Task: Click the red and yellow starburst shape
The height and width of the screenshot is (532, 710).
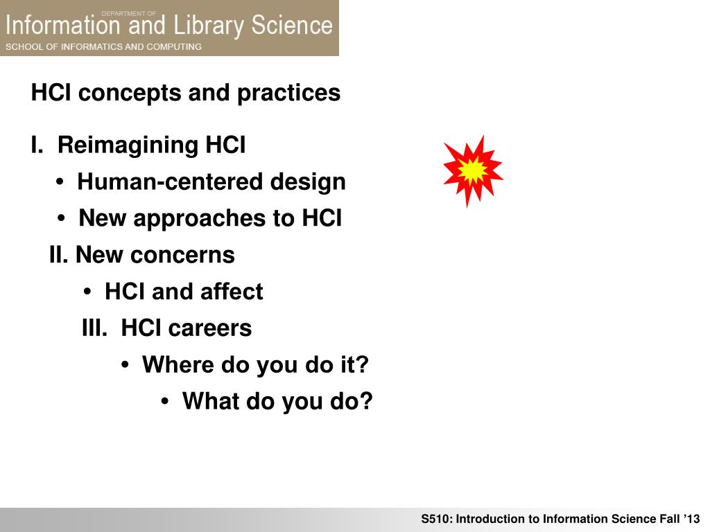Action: click(x=473, y=171)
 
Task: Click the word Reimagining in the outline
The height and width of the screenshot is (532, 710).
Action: click(x=128, y=146)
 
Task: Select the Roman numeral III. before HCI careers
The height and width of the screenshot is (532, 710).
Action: click(x=94, y=328)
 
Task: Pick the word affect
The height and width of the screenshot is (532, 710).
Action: click(x=232, y=291)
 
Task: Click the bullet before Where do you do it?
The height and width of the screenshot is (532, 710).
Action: click(x=125, y=364)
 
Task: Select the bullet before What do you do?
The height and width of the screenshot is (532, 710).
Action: click(x=165, y=401)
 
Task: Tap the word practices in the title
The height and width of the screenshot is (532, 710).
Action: click(x=289, y=94)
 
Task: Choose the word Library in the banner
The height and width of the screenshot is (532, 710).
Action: click(x=209, y=26)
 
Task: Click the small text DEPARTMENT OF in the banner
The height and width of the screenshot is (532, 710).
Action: click(x=128, y=14)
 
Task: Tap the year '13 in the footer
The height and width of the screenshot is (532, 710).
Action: click(x=692, y=519)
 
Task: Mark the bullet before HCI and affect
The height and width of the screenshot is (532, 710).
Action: click(x=88, y=292)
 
